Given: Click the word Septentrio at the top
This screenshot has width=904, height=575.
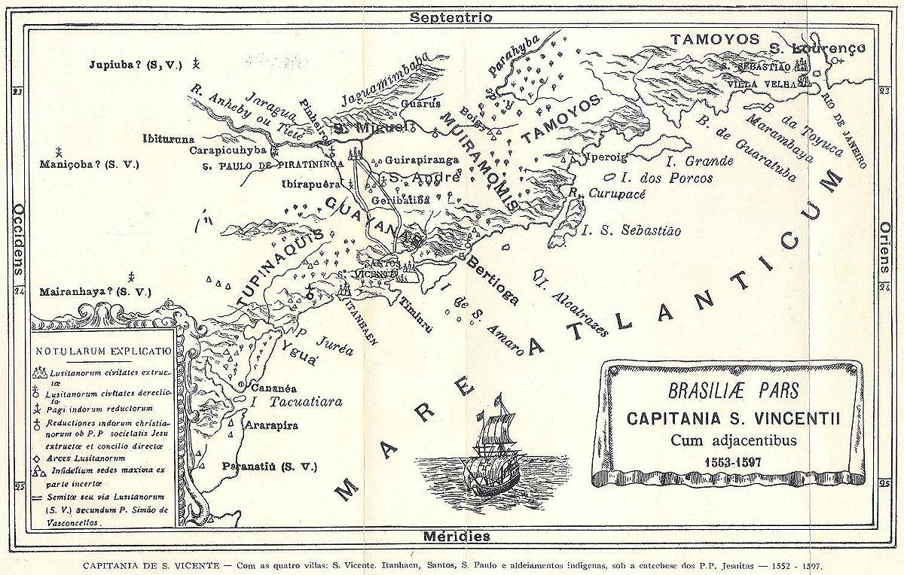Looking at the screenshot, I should pos(451,17).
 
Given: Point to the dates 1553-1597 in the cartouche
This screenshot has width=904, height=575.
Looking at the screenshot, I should pos(727,460).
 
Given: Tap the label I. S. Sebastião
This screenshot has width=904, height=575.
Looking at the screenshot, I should pos(631,231).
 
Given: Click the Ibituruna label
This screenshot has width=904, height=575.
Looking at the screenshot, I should pos(169,138).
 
